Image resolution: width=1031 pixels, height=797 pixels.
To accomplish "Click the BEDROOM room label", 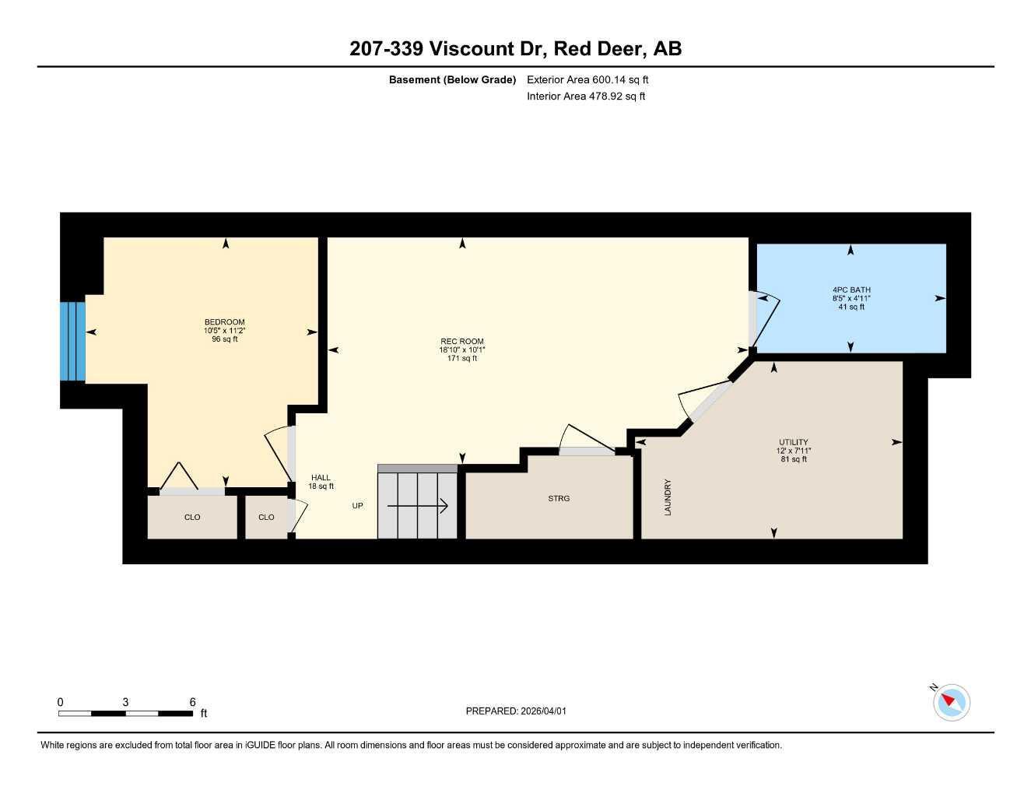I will click(x=224, y=322).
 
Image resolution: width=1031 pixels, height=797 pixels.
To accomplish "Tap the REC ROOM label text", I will click(x=461, y=342).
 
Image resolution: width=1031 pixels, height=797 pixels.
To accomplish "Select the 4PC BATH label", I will click(x=851, y=290).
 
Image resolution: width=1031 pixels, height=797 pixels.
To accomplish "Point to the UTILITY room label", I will click(x=794, y=442).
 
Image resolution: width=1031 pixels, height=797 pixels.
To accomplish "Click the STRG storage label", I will click(x=559, y=498).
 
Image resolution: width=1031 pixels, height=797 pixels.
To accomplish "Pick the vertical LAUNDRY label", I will click(x=668, y=497).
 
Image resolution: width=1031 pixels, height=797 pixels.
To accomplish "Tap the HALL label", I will click(x=321, y=478).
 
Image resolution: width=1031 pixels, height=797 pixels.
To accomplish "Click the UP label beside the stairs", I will click(x=357, y=506).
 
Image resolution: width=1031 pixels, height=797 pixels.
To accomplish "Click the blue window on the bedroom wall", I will click(x=72, y=342).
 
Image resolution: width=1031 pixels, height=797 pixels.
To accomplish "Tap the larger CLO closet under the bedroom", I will click(x=192, y=518).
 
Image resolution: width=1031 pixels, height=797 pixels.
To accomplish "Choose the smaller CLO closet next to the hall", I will click(x=266, y=518).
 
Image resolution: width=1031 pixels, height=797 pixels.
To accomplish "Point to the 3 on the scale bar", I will click(x=125, y=702).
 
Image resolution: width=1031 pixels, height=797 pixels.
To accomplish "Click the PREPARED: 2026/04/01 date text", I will click(x=516, y=711).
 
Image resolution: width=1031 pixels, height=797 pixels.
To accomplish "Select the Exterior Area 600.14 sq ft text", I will click(x=587, y=79).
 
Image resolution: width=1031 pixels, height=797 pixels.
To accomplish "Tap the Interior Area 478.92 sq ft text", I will click(x=586, y=97).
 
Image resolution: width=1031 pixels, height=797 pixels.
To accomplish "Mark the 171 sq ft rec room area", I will click(x=461, y=359).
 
